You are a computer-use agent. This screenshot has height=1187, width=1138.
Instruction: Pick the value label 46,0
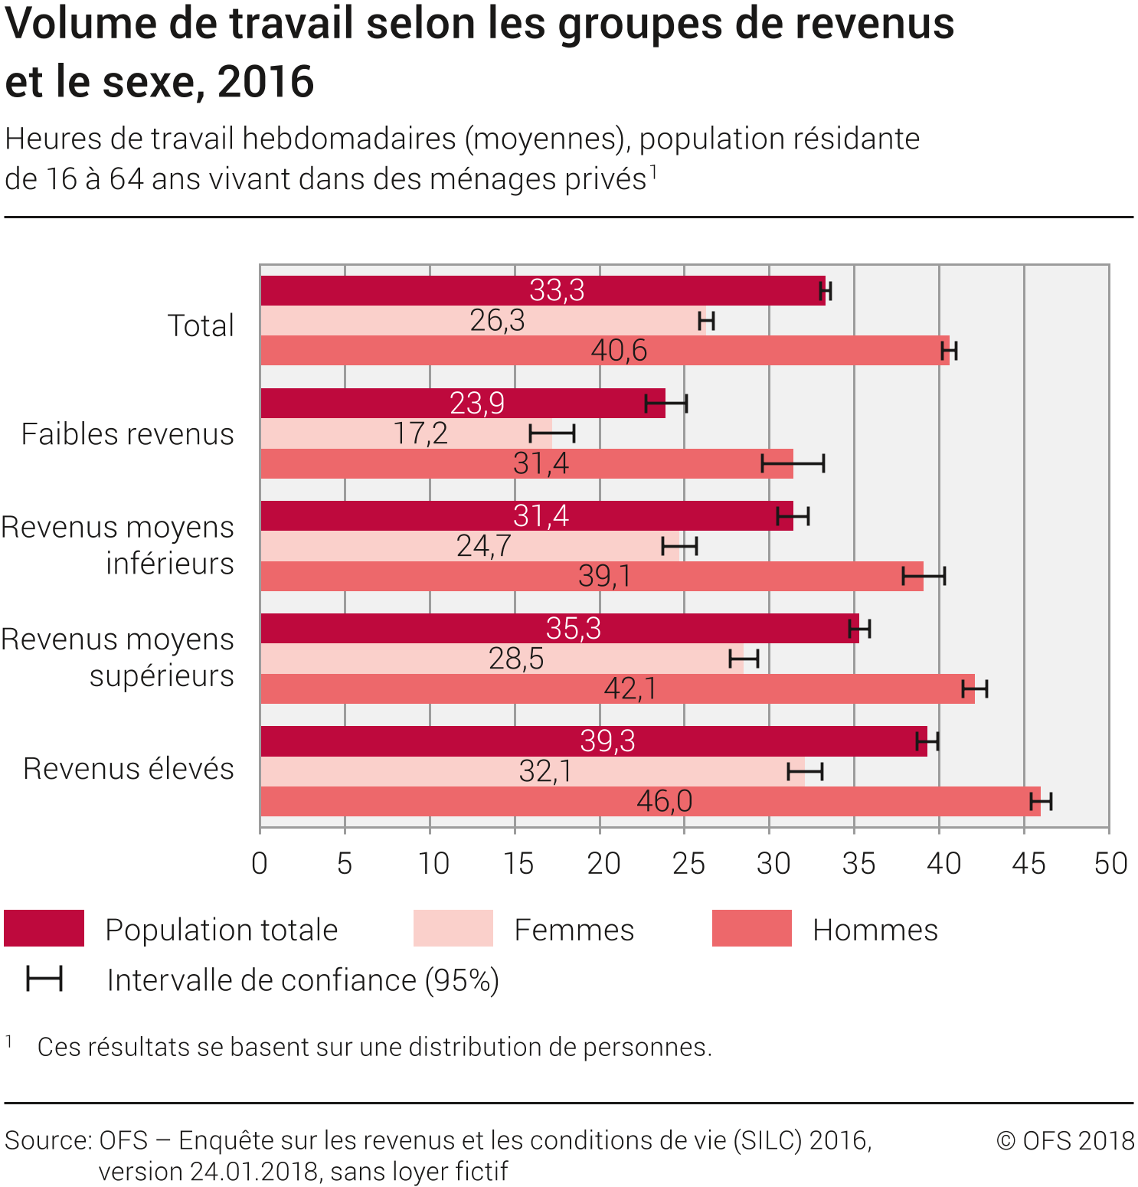point(664,801)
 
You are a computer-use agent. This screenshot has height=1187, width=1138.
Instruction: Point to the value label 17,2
point(420,433)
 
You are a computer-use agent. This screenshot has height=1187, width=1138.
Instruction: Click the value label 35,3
point(573,629)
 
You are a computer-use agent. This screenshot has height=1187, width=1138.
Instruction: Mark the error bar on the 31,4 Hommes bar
point(793,463)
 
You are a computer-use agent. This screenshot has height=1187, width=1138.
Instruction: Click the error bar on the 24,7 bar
point(679,546)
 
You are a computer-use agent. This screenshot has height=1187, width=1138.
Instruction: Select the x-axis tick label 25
point(688,864)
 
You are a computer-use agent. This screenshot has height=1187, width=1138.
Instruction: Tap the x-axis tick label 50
point(1110,864)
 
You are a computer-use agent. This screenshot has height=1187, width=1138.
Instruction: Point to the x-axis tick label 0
point(260,864)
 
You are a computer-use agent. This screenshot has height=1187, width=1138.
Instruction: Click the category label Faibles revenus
point(127,434)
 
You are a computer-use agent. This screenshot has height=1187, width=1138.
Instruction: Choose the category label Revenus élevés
point(128,769)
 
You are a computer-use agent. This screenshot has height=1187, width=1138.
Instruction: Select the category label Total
point(201,325)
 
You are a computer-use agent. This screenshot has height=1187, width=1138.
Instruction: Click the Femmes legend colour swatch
point(453,928)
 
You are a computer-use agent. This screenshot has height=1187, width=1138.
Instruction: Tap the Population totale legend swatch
point(44,928)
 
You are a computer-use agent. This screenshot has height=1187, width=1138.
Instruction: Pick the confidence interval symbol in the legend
point(44,979)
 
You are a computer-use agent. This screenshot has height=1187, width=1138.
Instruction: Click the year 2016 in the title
point(266,82)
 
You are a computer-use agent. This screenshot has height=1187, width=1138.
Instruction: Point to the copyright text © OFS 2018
point(1065,1141)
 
